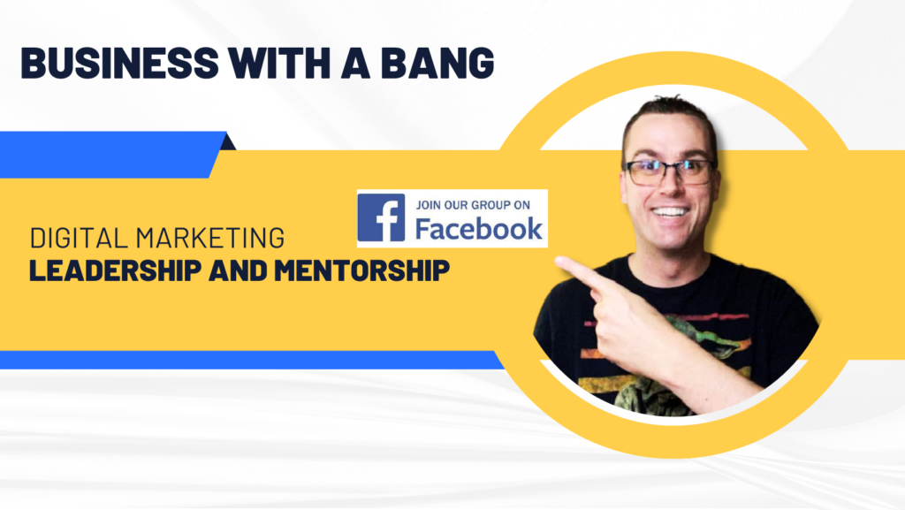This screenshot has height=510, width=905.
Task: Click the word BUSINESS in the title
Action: tap(120, 63)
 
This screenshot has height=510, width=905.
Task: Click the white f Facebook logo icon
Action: tap(381, 217)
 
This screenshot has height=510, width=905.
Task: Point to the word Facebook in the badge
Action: tap(478, 228)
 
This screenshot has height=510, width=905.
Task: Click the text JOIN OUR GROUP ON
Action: tap(473, 205)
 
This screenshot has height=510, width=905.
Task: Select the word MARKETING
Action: tap(210, 239)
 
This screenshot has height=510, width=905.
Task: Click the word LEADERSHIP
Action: tap(116, 270)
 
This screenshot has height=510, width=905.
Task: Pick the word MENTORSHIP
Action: tap(361, 270)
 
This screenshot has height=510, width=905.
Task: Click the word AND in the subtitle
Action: tap(238, 270)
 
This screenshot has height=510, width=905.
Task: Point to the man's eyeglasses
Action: tap(668, 172)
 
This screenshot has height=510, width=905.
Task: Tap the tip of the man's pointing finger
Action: tap(558, 261)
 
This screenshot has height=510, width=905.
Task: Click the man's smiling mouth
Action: tap(670, 213)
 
